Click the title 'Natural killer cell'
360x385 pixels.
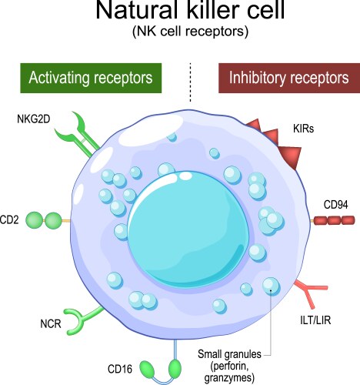tap(180, 13)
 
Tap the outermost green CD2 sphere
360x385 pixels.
tap(35, 221)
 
